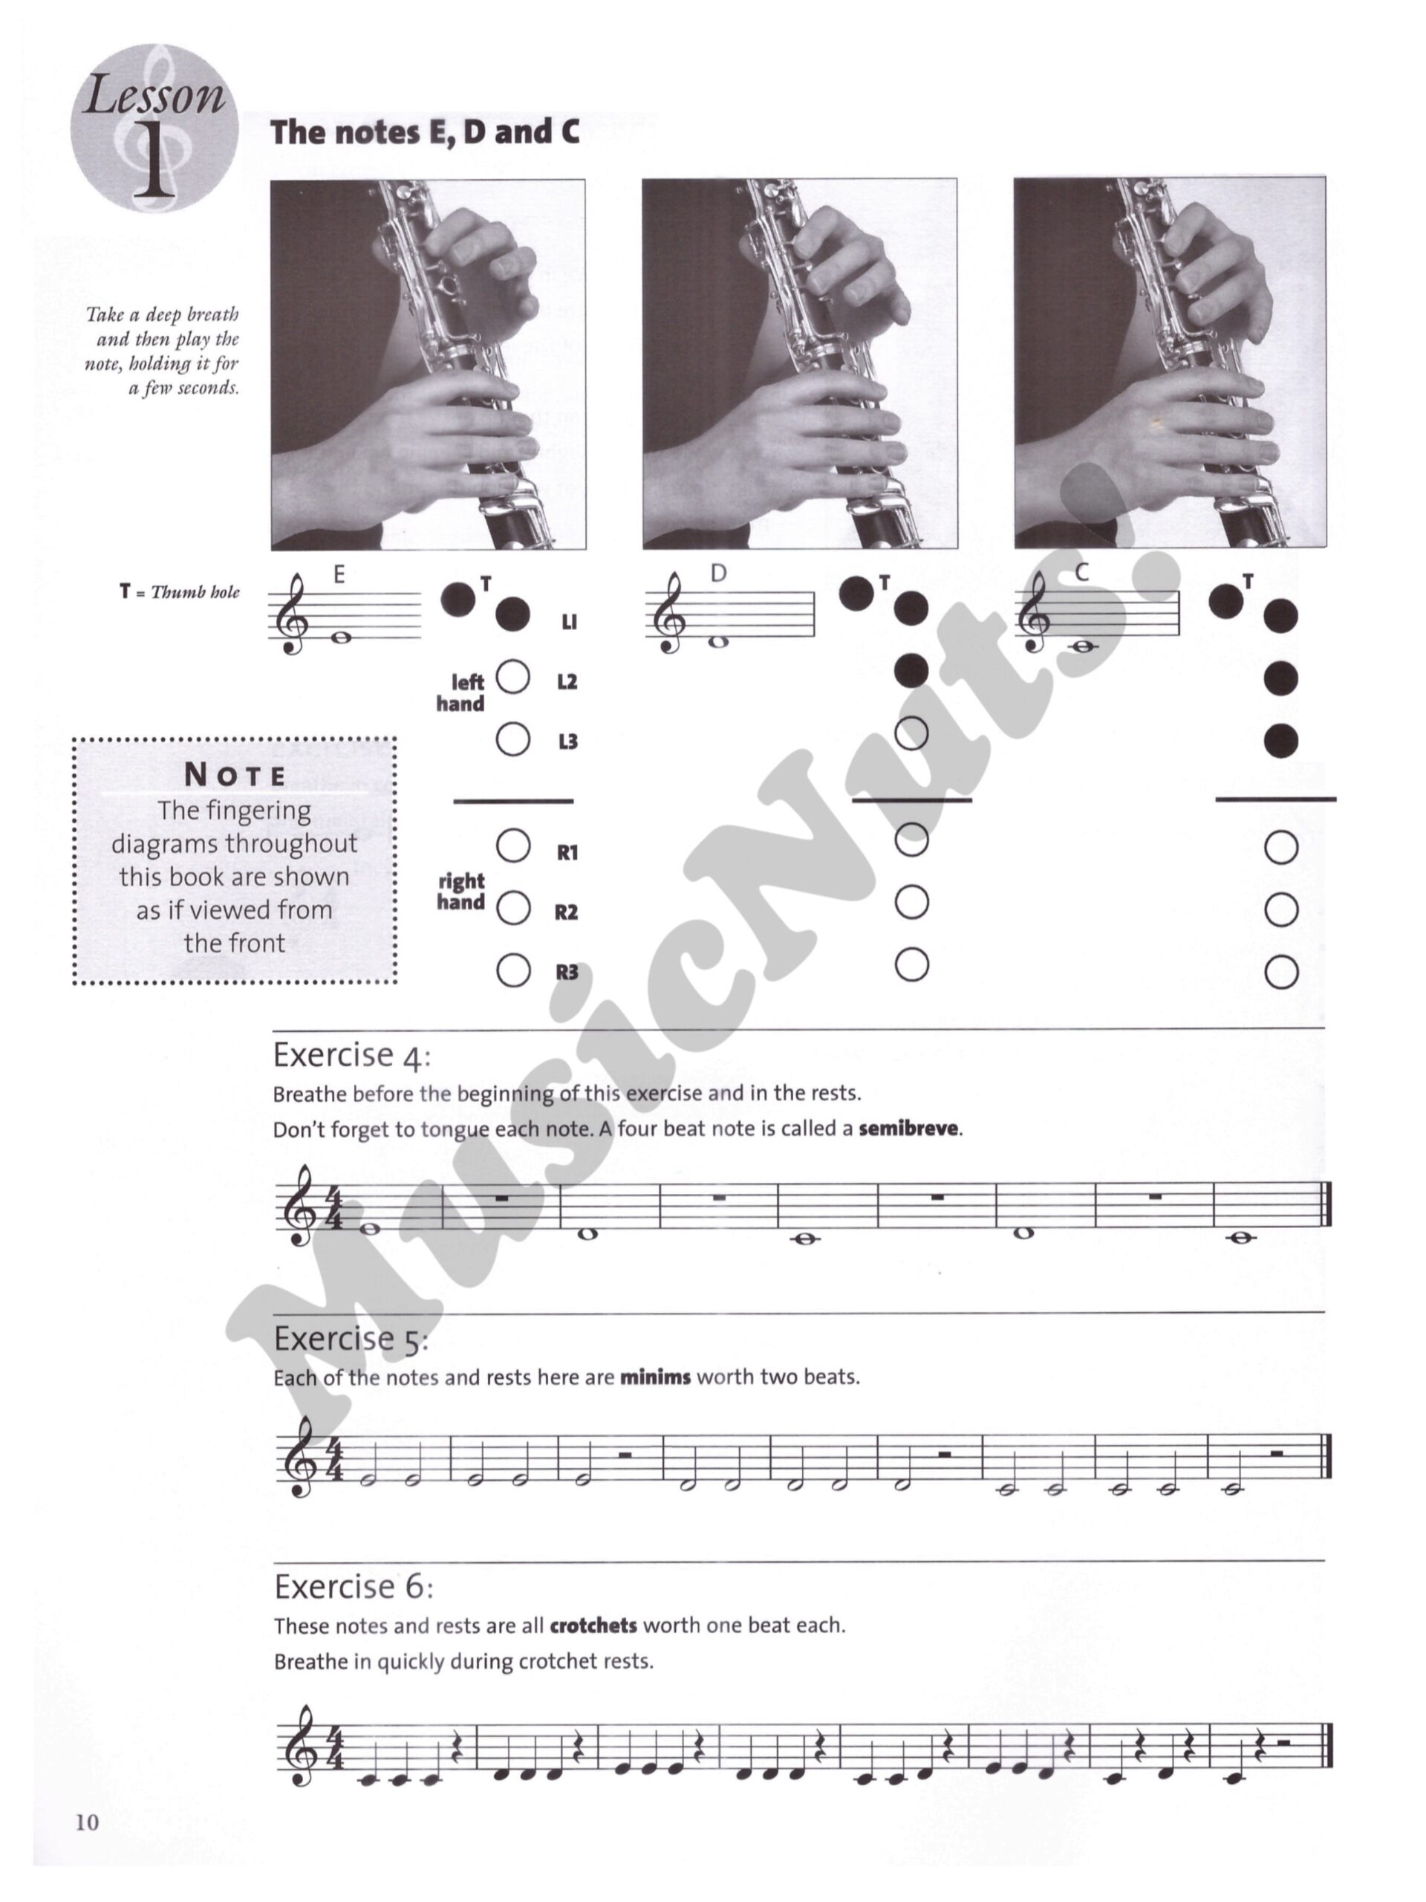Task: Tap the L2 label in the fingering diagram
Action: coord(567,682)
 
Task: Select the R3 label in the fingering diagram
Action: coord(567,973)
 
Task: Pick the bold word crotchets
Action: coord(593,1626)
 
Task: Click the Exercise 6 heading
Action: coord(354,1587)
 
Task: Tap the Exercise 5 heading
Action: coord(351,1340)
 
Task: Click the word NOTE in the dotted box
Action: coord(235,776)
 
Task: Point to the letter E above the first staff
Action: coord(339,575)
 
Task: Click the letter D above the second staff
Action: coord(719,574)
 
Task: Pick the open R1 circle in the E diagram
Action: coord(513,846)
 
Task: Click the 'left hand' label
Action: coord(461,693)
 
